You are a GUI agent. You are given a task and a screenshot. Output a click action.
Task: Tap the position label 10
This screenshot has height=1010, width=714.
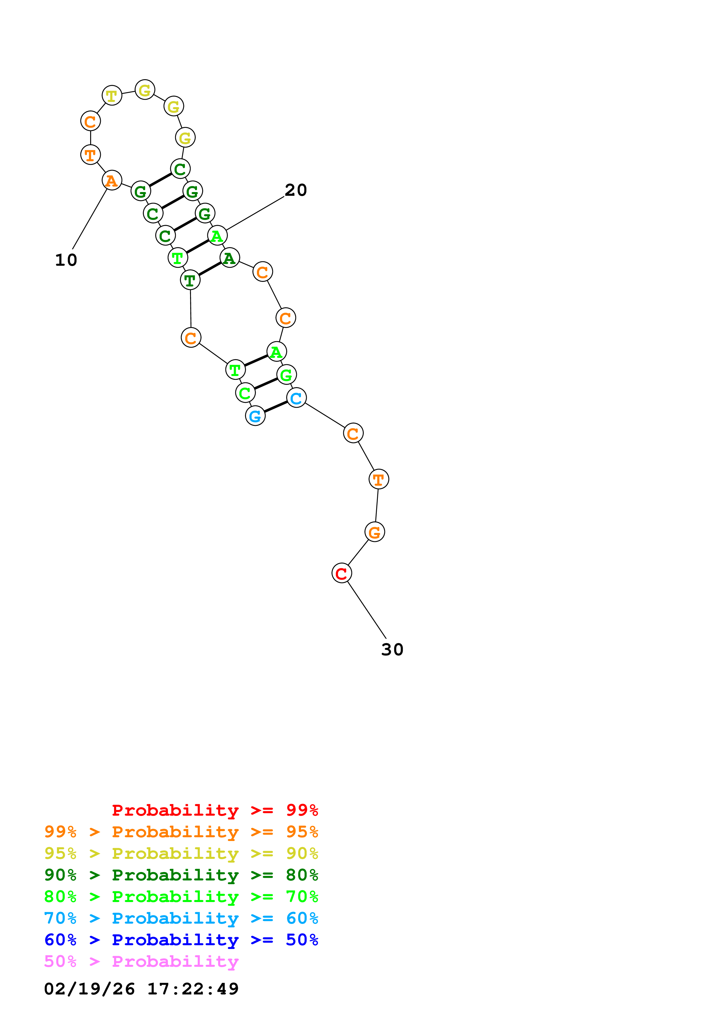pyautogui.click(x=66, y=260)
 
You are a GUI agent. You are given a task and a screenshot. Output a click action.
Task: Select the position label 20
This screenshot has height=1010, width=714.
pyautogui.click(x=296, y=190)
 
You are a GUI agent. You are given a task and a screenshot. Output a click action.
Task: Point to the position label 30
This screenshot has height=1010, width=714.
pyautogui.click(x=392, y=649)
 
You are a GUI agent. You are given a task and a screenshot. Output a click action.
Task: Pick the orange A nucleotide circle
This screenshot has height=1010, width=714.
pyautogui.click(x=112, y=180)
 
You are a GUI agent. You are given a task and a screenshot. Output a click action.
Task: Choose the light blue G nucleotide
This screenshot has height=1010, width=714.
pyautogui.click(x=255, y=416)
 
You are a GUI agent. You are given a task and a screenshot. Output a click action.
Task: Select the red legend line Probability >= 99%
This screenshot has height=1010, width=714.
pyautogui.click(x=215, y=810)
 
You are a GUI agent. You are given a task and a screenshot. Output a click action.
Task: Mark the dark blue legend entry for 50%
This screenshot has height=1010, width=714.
pyautogui.click(x=181, y=940)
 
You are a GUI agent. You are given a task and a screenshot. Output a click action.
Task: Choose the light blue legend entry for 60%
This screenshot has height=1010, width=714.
pyautogui.click(x=181, y=918)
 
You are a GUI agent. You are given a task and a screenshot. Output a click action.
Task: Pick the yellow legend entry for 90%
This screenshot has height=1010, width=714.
pyautogui.click(x=181, y=853)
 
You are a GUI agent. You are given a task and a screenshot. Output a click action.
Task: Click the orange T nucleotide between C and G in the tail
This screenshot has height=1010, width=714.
pyautogui.click(x=378, y=479)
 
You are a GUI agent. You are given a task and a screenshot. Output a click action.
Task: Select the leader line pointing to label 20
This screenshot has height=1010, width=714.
pyautogui.click(x=255, y=213)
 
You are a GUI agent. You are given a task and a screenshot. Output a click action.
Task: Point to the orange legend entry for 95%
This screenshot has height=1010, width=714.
pyautogui.click(x=181, y=832)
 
